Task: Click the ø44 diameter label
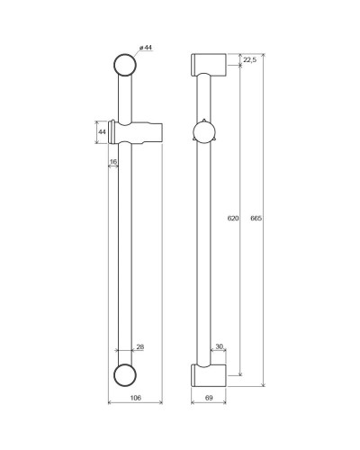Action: point(145,47)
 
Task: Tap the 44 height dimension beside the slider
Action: point(103,132)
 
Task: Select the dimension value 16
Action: point(113,162)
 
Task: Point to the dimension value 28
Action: point(140,346)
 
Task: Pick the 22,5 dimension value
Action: point(249,59)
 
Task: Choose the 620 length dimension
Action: point(231,218)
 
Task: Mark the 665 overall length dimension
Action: point(257,218)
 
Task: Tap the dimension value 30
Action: point(218,346)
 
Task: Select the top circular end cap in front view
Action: point(125,65)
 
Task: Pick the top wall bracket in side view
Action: point(206,66)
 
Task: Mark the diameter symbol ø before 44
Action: point(141,47)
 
